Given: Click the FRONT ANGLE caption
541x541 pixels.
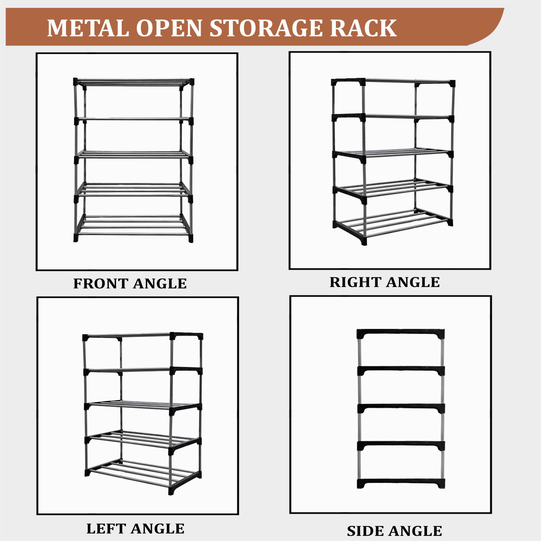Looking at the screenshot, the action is tap(130, 284).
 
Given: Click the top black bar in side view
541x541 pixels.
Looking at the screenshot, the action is tap(401, 334).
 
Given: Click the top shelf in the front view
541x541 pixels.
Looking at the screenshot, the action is tap(134, 82).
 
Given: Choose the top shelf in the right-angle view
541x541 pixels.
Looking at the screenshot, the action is tap(393, 82).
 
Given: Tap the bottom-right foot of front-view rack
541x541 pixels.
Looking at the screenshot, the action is tap(191, 238).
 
